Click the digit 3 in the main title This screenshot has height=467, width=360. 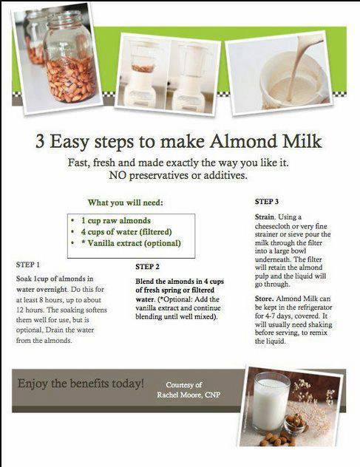[x=40, y=141]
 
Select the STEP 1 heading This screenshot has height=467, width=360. [x=28, y=265]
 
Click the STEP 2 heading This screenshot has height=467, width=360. [x=147, y=267]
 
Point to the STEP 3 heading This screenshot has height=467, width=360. [x=267, y=202]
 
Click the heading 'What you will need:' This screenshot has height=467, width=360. [x=126, y=202]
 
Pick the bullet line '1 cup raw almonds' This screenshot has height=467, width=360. [x=115, y=221]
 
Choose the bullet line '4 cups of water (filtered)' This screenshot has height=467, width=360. [x=126, y=232]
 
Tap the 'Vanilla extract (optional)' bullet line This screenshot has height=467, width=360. [x=131, y=243]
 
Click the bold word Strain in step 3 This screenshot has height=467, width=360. [x=265, y=217]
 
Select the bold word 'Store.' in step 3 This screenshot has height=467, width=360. [x=264, y=299]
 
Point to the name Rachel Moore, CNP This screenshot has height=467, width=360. [x=189, y=395]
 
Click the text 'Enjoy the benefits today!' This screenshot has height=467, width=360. [x=81, y=384]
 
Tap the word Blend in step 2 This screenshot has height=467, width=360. [x=145, y=281]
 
